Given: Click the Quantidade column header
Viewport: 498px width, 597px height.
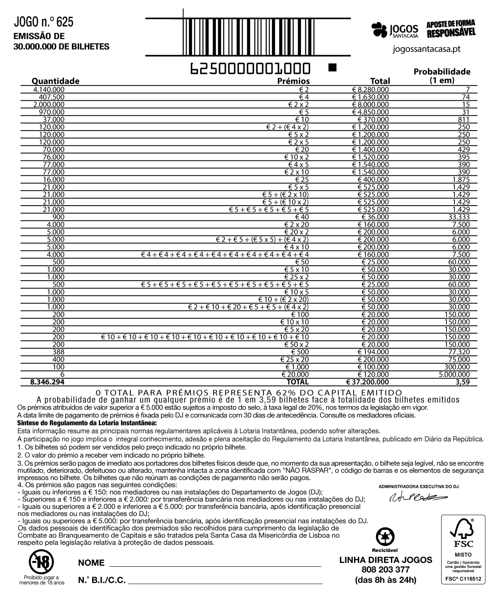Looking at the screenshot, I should pos(56,81).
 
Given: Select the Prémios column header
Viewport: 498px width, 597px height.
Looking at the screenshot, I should pos(293,81).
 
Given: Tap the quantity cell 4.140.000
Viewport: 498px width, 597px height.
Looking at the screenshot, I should pos(49,90).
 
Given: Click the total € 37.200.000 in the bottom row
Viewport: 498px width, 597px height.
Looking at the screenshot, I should pos(368,382).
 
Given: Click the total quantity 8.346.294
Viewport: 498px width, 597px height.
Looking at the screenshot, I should pos(47,382).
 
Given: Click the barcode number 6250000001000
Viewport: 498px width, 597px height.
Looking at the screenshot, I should pos(251,68).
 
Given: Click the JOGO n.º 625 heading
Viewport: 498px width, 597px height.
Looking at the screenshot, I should pos(44,22).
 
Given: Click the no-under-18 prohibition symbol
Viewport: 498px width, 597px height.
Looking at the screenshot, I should pos(41,562).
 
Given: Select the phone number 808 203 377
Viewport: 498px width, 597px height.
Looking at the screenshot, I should pos(386,570).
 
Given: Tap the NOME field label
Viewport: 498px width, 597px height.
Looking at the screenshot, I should pos(91,563).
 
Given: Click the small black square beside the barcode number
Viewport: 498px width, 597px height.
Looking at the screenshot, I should pos(332,66).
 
